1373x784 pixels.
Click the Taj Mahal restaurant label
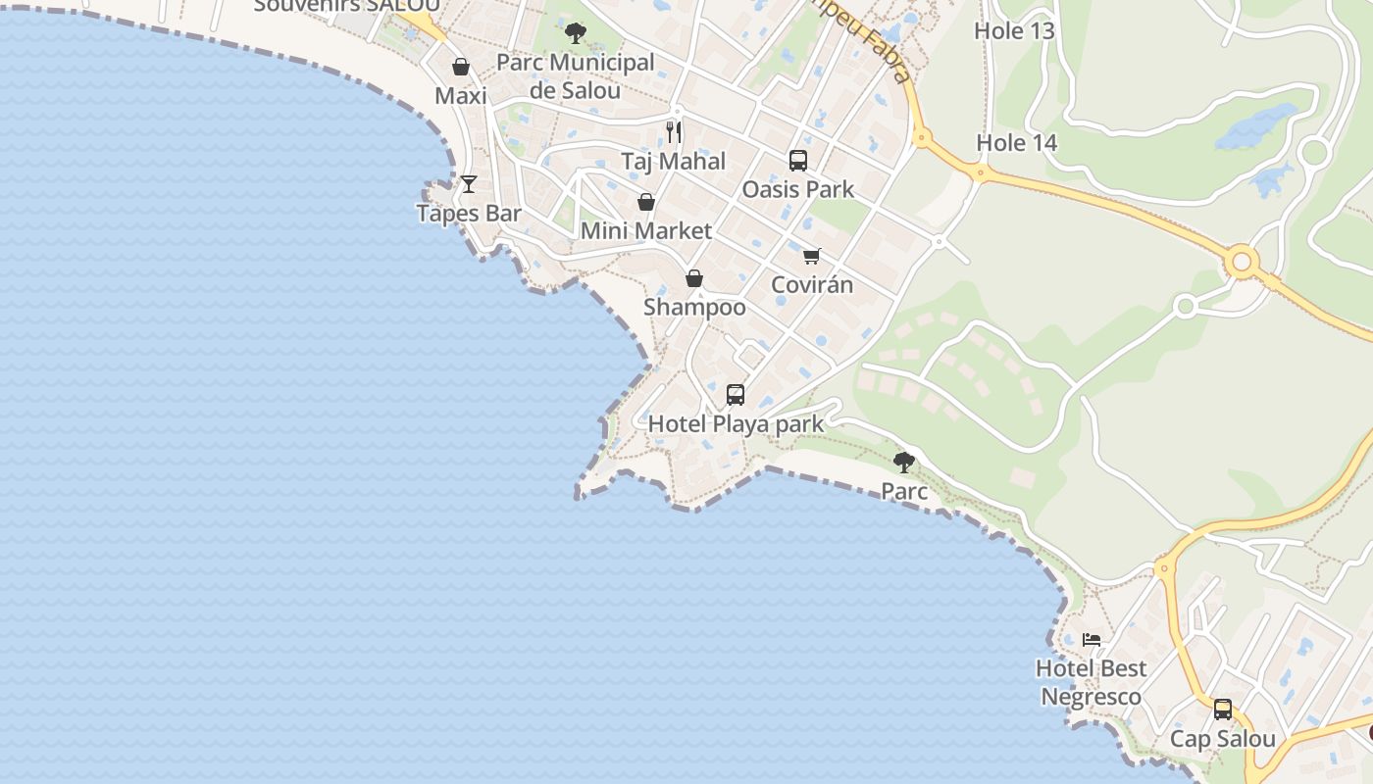coord(673,161)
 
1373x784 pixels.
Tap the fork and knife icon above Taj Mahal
coord(674,131)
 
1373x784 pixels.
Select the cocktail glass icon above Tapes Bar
coord(469,183)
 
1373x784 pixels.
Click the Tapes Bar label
coord(469,213)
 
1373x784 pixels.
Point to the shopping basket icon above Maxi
coord(460,67)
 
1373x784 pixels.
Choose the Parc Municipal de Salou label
coord(575,76)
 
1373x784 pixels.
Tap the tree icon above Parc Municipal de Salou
coord(576,33)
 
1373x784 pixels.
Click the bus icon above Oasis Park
coord(798,160)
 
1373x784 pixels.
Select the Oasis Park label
coord(798,189)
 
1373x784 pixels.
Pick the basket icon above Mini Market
coord(646,202)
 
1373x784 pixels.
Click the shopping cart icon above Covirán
coord(811,256)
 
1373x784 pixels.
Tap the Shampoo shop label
coord(694,307)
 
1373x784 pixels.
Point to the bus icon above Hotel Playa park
coord(736,394)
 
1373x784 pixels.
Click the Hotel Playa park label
coord(736,424)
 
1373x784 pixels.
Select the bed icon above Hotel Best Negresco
coord(1092,640)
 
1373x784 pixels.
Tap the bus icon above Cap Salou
coord(1222,710)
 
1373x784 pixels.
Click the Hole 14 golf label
coord(1016,143)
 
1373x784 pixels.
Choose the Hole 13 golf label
coord(1014,30)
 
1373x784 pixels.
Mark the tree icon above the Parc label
coord(904,461)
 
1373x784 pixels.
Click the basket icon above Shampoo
coord(694,278)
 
